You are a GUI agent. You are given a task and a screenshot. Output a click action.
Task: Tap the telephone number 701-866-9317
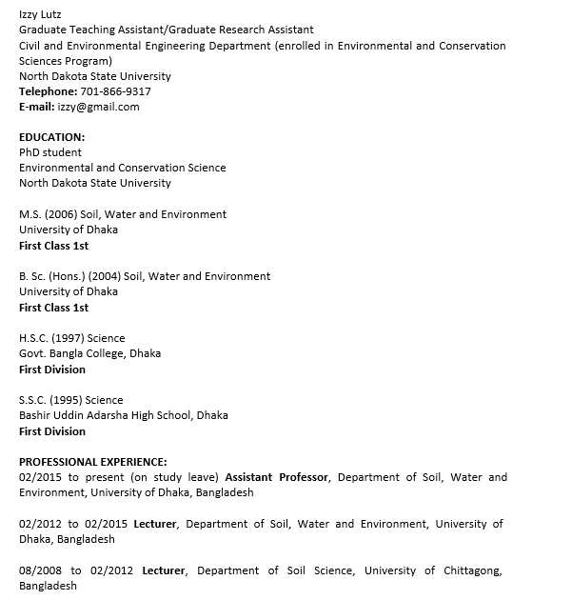coord(109,91)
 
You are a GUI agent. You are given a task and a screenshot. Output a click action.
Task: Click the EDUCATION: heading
coord(52,137)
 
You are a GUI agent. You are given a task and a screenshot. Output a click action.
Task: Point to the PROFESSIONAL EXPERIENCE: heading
coord(93,462)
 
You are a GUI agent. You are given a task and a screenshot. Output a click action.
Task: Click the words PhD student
coord(50,152)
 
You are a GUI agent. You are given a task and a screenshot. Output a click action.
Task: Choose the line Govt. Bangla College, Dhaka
coord(90,353)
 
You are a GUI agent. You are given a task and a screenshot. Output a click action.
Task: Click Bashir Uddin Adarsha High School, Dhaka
coord(124,415)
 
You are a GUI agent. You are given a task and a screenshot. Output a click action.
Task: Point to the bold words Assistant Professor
coord(277,477)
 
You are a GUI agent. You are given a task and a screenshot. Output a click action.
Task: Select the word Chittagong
coord(468,570)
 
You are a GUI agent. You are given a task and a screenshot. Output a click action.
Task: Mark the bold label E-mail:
coord(36,107)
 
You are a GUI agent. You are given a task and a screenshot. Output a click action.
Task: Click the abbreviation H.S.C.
coord(32,338)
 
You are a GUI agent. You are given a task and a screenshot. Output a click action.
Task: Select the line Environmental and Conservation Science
coord(123,168)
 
